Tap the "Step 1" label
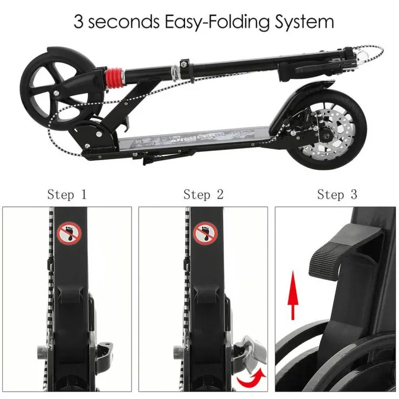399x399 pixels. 67,195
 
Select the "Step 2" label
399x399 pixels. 203,195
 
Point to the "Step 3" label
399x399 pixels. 337,195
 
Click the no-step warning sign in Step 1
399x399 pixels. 70,233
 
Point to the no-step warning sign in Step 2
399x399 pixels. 205,233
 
